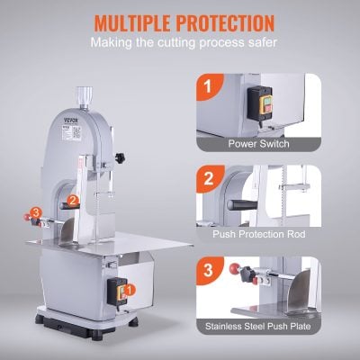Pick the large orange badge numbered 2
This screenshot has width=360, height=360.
click(x=207, y=178)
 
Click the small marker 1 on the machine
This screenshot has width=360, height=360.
click(x=130, y=291)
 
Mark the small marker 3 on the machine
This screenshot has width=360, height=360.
click(x=36, y=211)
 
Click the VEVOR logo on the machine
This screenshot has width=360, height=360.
click(x=65, y=117)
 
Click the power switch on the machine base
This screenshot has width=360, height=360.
click(x=115, y=289)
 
